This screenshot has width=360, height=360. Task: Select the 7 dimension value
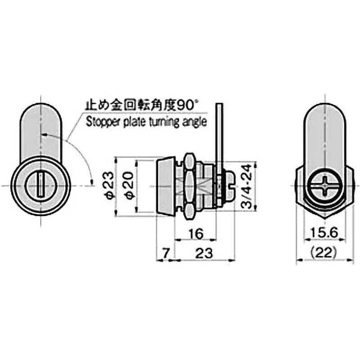click(x=165, y=254)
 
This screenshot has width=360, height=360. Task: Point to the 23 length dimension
click(x=204, y=254)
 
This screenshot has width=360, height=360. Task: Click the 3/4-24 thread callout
click(x=245, y=185)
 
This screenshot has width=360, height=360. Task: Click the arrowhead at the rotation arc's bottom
click(x=92, y=182)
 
